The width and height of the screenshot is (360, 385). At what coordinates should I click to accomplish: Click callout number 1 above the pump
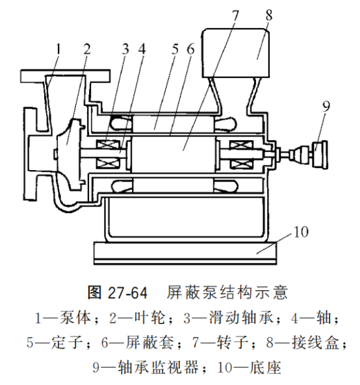tap(58, 49)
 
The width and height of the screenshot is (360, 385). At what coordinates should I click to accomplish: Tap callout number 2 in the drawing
tap(87, 49)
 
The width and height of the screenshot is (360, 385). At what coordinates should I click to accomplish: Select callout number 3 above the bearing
tap(125, 49)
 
